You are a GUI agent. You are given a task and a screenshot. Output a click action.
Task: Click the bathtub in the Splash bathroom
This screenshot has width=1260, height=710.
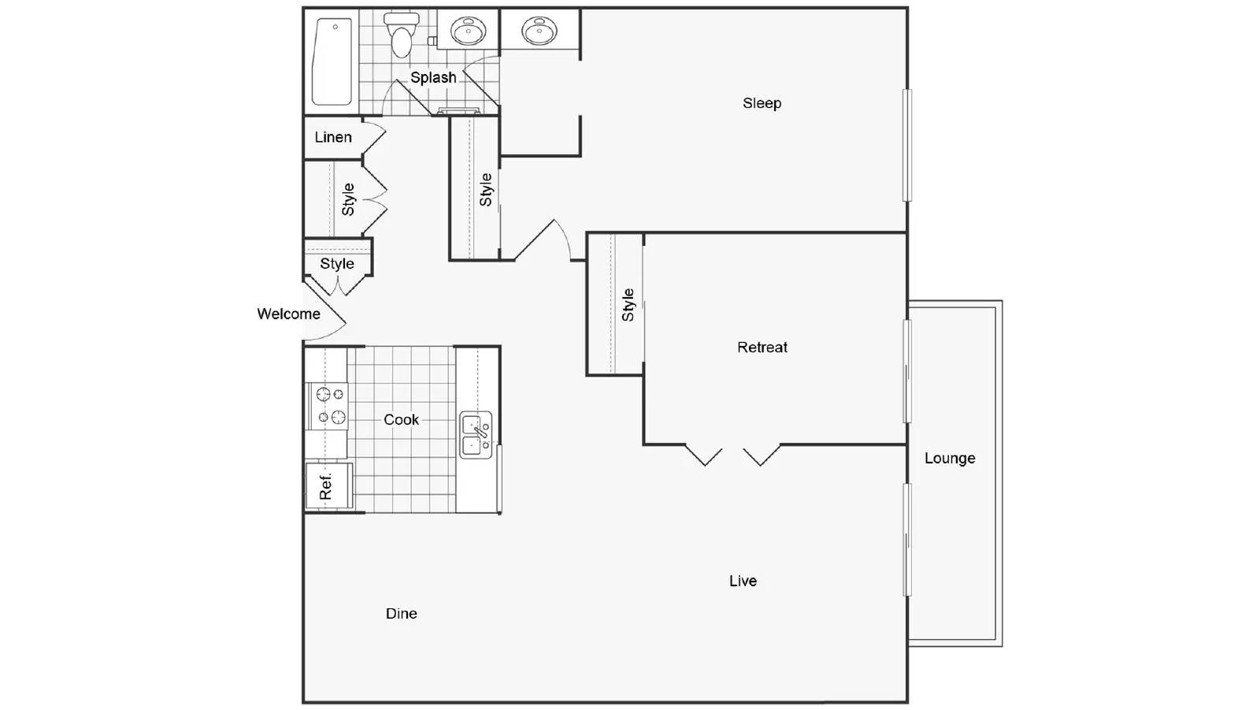click(x=332, y=61)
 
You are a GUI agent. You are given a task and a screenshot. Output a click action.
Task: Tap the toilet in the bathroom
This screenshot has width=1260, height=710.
click(x=401, y=35)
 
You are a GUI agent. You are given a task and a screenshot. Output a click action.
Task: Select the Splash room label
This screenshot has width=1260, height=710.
click(x=433, y=78)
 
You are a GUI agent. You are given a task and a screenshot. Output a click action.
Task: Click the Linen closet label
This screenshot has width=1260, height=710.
click(x=333, y=137)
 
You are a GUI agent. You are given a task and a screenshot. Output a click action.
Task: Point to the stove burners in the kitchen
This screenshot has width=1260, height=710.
click(x=330, y=405)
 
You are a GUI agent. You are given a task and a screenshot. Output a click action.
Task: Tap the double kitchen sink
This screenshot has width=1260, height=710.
click(x=476, y=435)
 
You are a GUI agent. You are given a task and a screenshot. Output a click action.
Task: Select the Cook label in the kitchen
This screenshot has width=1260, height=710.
click(x=401, y=419)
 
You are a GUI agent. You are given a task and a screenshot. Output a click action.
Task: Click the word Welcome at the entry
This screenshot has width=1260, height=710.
click(x=288, y=314)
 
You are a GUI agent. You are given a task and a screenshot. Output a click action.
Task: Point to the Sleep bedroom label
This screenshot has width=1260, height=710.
click(x=762, y=103)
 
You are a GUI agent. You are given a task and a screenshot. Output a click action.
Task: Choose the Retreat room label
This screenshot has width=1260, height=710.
click(x=762, y=348)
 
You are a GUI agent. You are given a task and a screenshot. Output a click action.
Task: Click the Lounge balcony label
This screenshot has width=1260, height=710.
click(x=950, y=459)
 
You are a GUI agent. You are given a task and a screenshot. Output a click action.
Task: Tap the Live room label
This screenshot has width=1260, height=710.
click(x=743, y=581)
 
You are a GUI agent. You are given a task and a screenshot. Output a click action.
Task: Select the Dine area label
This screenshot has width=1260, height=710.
click(x=401, y=613)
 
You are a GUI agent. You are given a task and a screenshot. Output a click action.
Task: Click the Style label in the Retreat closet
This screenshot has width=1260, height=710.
click(x=628, y=305)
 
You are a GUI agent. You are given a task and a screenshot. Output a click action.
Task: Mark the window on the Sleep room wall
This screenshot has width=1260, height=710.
click(x=906, y=145)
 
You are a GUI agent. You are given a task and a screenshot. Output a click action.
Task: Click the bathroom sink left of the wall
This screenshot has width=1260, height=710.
click(x=468, y=31)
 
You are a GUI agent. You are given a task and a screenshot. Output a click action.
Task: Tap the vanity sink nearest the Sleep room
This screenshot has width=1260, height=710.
click(x=539, y=30)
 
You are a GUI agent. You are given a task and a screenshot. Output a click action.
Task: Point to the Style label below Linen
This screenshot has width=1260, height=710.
click(x=348, y=199)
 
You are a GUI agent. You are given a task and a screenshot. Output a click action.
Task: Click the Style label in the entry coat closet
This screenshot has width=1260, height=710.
click(x=337, y=263)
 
